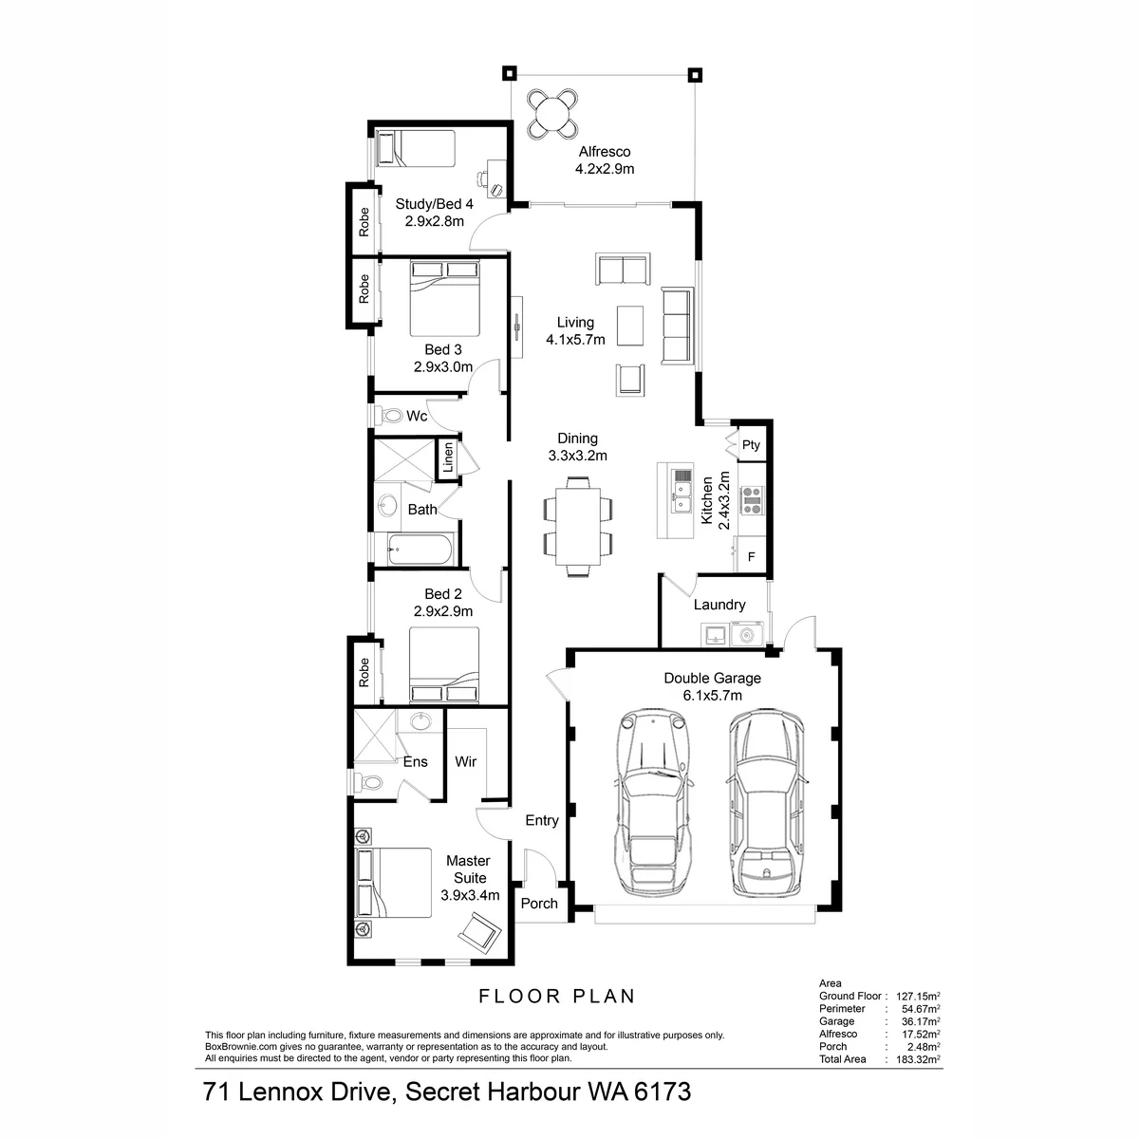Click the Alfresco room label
[604, 152]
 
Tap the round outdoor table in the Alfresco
[552, 114]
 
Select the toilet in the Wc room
[390, 416]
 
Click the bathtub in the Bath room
[420, 550]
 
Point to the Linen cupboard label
[448, 457]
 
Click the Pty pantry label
[751, 444]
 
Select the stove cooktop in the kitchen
[753, 500]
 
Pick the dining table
[577, 526]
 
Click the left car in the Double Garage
[653, 803]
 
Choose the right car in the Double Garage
[767, 803]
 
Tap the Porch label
[539, 904]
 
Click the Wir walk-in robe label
[465, 762]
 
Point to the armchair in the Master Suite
[479, 932]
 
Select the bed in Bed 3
[444, 299]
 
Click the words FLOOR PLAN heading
[557, 996]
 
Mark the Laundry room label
[719, 605]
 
